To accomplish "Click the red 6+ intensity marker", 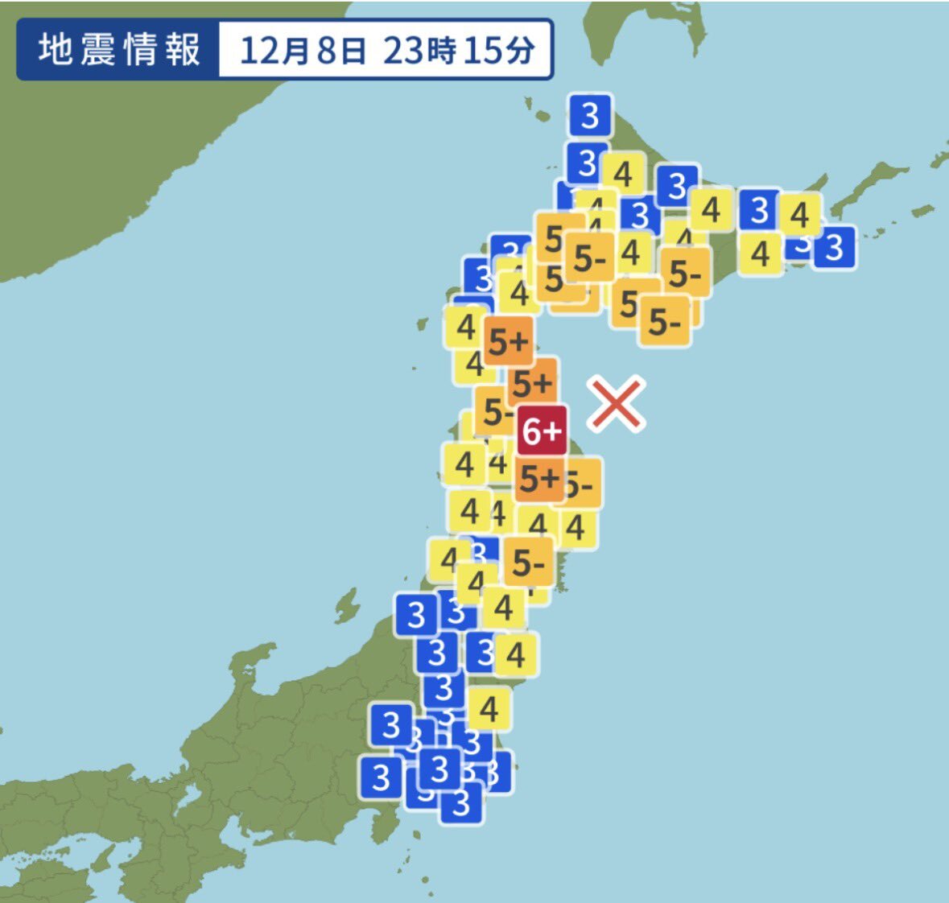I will [x=542, y=431].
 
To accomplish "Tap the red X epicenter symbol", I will [x=617, y=404].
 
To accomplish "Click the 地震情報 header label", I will [x=118, y=50].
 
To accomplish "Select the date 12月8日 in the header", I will [x=303, y=51].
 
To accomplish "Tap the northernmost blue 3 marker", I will [x=590, y=116].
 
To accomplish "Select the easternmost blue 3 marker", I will [x=834, y=247].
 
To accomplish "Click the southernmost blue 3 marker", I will [x=461, y=802].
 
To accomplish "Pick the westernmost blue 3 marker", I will [x=381, y=777].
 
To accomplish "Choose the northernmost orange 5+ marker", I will [x=508, y=342].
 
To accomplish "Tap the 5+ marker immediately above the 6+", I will [x=532, y=383].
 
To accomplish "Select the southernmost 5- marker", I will [x=529, y=563].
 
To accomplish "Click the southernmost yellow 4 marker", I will [x=489, y=709].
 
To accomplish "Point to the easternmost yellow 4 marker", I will [x=799, y=215].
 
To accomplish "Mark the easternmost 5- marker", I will [x=686, y=274].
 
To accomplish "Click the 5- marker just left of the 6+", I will [x=496, y=412].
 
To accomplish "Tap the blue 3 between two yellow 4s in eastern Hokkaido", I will [x=759, y=211].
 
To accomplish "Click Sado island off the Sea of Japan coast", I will [x=347, y=604].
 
